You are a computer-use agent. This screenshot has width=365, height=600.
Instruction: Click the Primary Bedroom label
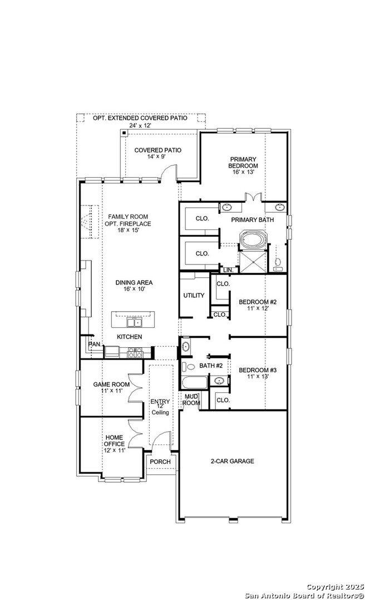coord(243,166)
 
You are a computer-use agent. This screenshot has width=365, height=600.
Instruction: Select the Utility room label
coord(194,296)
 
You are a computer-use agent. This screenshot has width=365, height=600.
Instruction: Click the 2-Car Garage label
coord(233,461)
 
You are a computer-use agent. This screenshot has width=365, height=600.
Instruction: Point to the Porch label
coord(160,462)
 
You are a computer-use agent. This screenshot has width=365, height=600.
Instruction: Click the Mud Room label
coord(191,400)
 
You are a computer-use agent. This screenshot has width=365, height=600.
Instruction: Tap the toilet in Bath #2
coord(188,367)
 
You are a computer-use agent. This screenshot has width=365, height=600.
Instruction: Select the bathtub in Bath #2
coord(194,382)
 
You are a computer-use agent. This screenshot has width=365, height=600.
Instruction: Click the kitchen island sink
coord(134,323)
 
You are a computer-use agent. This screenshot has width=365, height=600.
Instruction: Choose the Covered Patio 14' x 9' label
coord(158,153)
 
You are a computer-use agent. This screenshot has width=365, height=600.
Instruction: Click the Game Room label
coord(112,388)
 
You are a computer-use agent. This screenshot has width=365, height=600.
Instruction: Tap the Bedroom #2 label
coord(257,305)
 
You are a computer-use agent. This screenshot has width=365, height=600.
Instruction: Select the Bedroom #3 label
coord(258,373)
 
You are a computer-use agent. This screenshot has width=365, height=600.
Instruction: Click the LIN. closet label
coord(228,270)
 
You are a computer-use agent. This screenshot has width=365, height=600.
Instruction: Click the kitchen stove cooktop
coord(135,352)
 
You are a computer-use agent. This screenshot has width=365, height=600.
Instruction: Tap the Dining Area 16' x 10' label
coord(134,286)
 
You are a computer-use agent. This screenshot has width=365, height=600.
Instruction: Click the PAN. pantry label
coord(95,344)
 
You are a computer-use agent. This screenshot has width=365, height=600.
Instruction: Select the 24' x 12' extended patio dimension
coord(140,126)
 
